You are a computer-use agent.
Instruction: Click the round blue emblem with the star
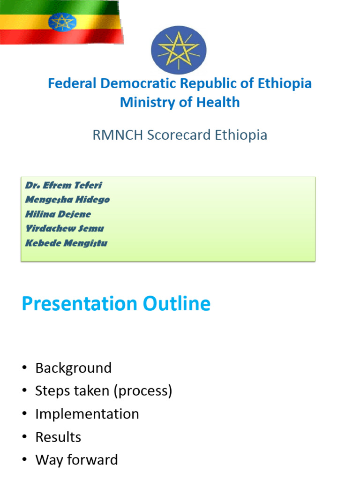(179, 50)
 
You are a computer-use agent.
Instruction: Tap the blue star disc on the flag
(62, 22)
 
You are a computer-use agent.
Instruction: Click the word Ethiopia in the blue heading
(285, 83)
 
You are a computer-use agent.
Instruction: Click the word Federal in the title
(71, 83)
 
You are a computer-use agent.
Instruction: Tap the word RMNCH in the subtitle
(118, 135)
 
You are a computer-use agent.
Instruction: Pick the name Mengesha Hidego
(67, 200)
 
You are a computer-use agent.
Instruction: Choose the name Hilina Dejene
(58, 214)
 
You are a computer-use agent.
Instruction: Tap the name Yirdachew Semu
(64, 229)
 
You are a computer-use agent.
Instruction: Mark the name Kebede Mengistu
(66, 243)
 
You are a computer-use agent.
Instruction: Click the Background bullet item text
(74, 368)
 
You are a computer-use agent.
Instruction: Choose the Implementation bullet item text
(87, 414)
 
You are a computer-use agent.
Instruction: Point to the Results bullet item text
(58, 437)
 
